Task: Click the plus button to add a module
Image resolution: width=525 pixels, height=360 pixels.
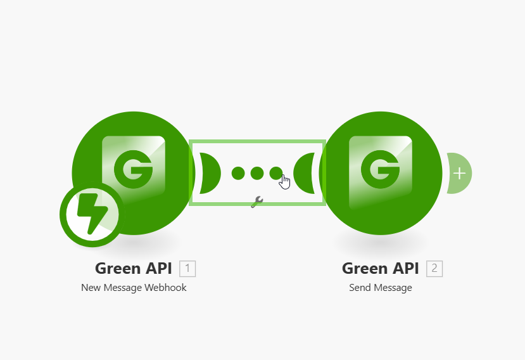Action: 459,173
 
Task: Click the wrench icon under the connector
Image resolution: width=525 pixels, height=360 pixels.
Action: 257,202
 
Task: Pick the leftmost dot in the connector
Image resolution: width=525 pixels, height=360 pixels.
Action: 238,173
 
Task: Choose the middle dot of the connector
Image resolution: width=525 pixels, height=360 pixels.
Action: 257,173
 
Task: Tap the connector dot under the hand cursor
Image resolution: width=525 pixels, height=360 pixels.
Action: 275,172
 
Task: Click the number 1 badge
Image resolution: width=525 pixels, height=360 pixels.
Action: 187,269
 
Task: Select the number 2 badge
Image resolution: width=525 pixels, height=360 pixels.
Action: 434,269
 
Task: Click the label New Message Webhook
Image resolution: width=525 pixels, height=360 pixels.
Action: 134,288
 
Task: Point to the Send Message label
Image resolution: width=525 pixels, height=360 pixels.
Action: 381,288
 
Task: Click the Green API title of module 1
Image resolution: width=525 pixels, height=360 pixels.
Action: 134,269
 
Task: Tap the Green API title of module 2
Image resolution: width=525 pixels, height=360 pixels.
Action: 381,269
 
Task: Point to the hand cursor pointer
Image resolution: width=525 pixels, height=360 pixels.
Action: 285,182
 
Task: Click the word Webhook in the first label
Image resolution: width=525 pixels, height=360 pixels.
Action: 167,288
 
